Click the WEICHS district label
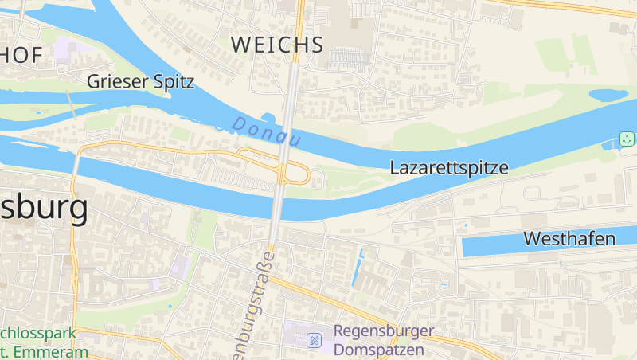[x=277, y=45]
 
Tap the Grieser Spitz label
[x=140, y=81]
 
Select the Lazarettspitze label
[x=448, y=168]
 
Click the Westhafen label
[x=569, y=238]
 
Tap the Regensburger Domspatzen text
[x=383, y=340]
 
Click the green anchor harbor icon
[x=627, y=139]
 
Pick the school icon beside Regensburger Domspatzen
[x=315, y=340]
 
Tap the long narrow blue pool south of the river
[x=357, y=269]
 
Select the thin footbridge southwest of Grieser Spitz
[x=70, y=104]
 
